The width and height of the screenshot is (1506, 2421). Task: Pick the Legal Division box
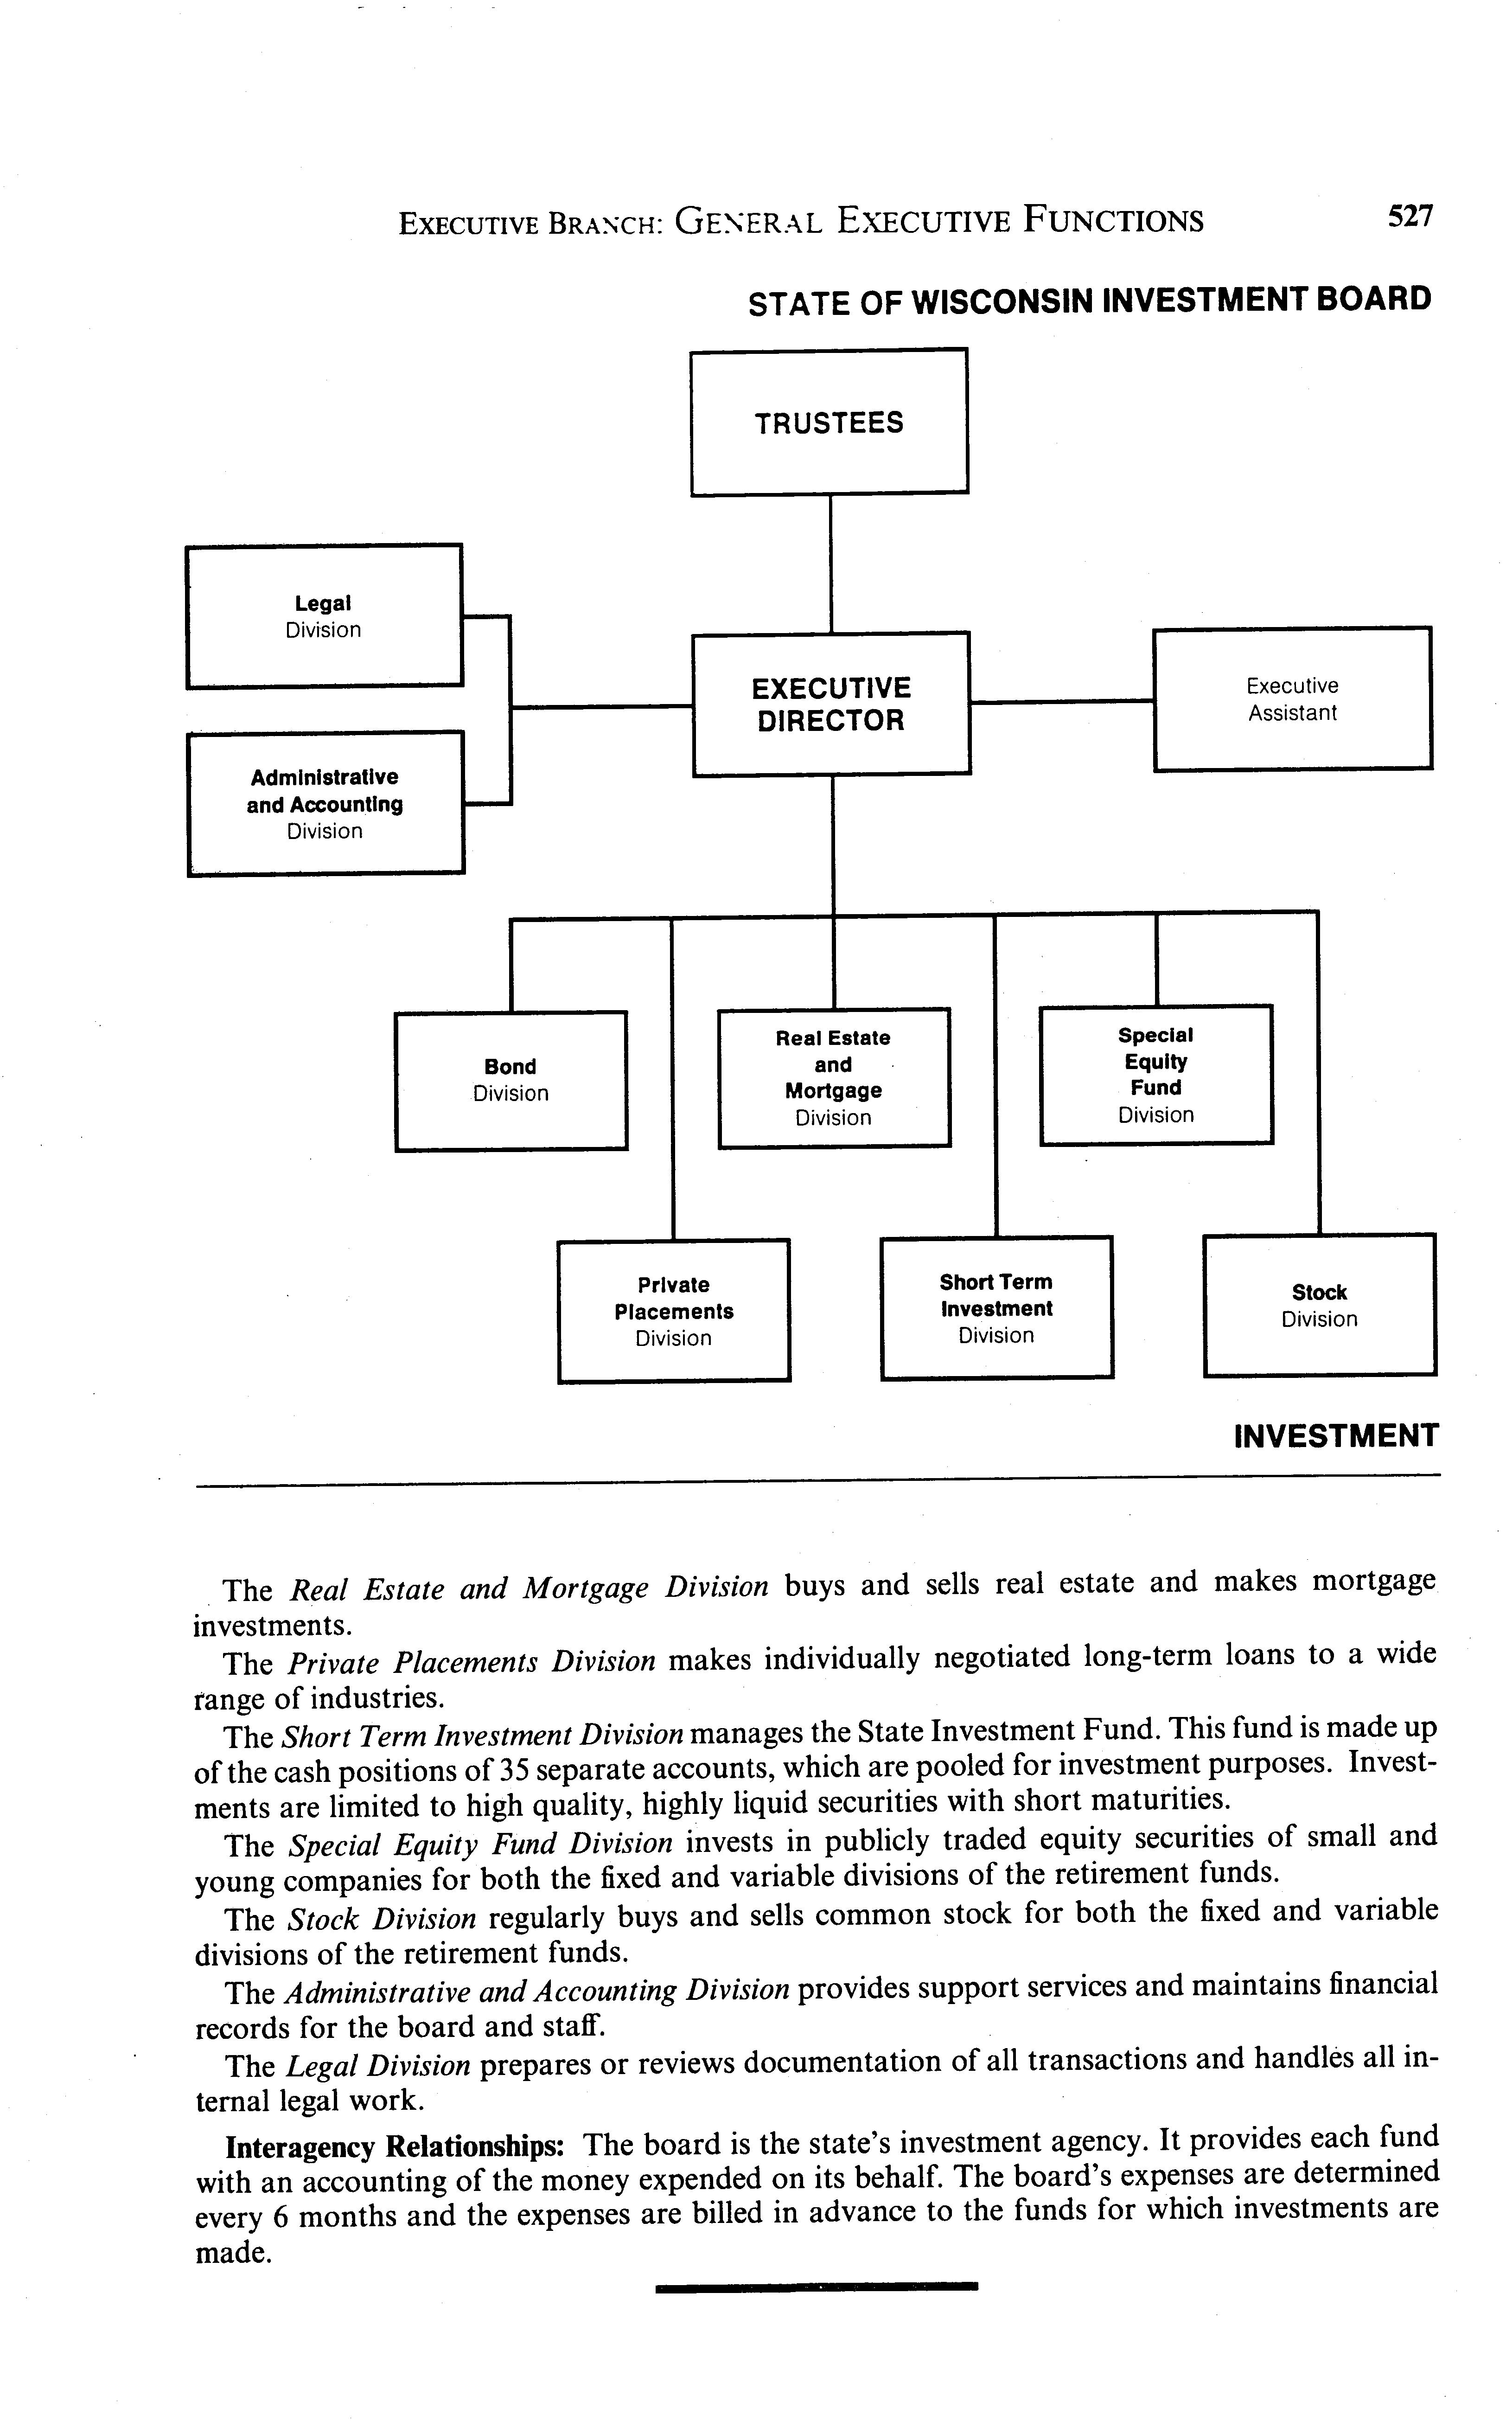(324, 616)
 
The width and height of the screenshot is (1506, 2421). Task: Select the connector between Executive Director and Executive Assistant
(1061, 701)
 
